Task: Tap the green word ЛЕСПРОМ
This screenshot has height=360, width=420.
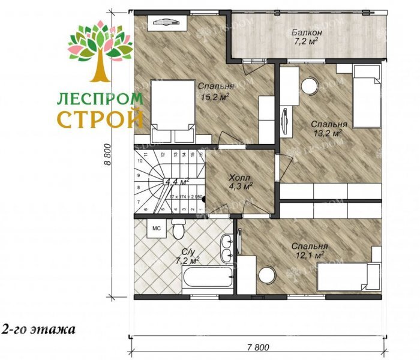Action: [100, 98]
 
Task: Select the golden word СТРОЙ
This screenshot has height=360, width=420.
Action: [100, 118]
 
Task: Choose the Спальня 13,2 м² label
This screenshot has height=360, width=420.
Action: [326, 129]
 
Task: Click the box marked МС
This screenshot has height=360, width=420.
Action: [155, 229]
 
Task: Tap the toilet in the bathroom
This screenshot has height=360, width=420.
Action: [178, 229]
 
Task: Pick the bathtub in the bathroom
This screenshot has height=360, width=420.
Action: [207, 278]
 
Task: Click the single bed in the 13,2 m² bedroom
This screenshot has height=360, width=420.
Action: [366, 97]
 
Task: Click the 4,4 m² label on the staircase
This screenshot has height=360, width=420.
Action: [177, 181]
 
